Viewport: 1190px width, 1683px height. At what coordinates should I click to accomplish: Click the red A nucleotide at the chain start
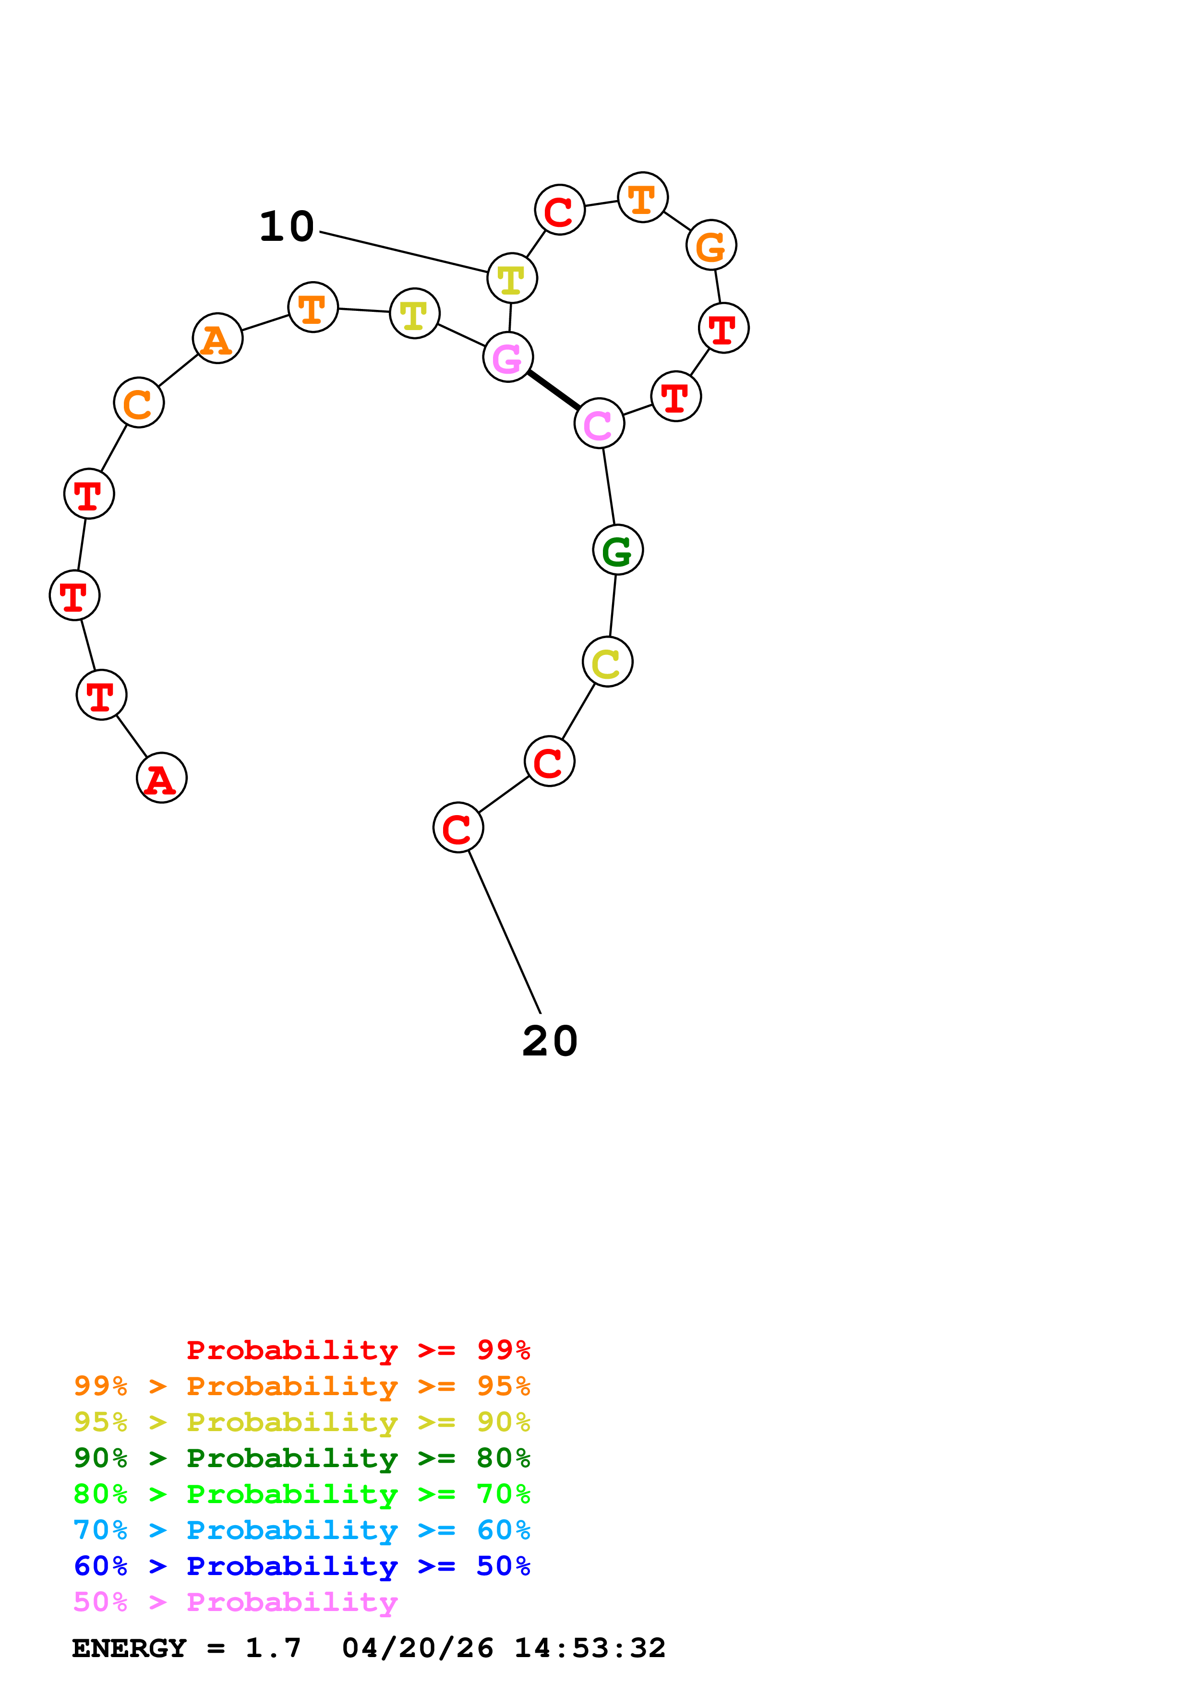pos(161,777)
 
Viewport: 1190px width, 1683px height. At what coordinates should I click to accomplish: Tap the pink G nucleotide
pos(507,357)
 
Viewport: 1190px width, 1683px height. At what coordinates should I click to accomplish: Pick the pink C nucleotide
pos(599,423)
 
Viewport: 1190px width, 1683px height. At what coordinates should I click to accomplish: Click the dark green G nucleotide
pos(617,550)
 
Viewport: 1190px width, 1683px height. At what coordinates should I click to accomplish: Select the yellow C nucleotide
pos(607,662)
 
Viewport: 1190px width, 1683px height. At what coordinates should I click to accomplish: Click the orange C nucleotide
pos(139,403)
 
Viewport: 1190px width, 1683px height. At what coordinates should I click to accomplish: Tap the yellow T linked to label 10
pos(512,278)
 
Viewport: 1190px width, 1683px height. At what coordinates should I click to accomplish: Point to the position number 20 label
pos(550,1041)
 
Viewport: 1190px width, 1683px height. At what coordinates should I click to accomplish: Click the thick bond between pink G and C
pos(553,390)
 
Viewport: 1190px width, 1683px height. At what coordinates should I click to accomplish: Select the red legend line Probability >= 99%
pos(358,1350)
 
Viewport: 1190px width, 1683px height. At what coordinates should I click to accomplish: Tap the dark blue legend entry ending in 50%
pos(301,1566)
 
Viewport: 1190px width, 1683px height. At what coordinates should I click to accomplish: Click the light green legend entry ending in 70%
pos(301,1494)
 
